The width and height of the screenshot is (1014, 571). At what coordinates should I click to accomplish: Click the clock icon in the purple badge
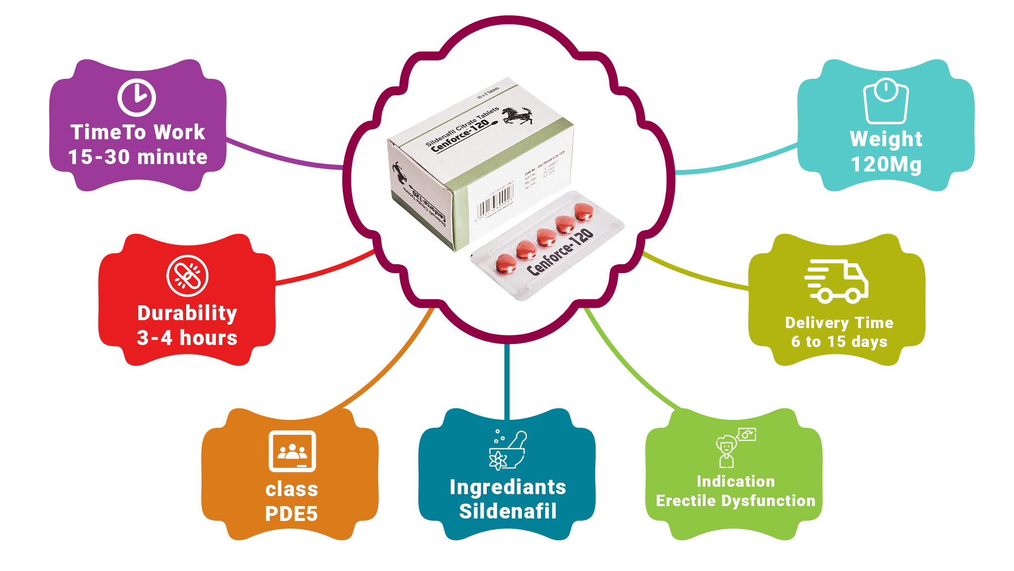[x=137, y=97]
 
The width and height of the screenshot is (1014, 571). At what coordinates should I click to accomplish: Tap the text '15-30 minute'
[x=138, y=157]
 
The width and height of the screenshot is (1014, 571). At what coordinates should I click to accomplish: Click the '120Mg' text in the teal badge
[x=886, y=164]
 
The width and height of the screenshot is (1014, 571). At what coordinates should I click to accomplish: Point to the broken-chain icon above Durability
[x=187, y=276]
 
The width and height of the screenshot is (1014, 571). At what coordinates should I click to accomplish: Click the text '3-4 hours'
[x=187, y=338]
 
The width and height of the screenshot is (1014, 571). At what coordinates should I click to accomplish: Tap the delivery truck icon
[x=836, y=281]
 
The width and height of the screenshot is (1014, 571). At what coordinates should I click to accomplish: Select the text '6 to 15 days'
[x=839, y=342]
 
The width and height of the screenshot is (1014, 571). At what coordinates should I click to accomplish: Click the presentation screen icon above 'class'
[x=292, y=451]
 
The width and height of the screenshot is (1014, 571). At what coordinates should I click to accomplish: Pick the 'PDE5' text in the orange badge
[x=291, y=514]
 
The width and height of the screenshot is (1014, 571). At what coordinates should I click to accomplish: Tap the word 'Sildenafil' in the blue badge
[x=507, y=511]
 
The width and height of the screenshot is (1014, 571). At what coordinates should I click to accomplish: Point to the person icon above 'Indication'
[x=727, y=451]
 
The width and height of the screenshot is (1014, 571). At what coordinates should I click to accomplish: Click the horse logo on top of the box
[x=518, y=115]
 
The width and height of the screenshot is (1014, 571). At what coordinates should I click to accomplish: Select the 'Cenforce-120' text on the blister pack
[x=559, y=252]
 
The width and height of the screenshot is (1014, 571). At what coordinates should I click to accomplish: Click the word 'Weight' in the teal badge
[x=886, y=139]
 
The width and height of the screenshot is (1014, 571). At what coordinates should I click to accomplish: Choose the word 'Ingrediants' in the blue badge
[x=507, y=487]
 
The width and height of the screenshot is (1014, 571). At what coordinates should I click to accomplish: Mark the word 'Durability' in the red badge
[x=187, y=313]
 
